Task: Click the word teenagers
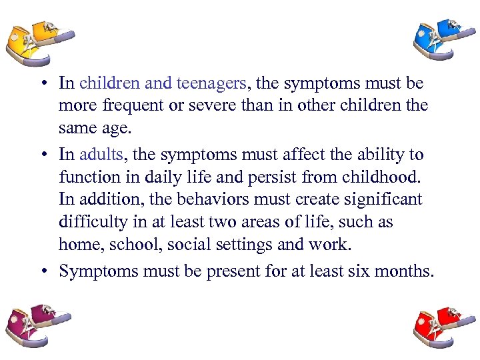click(x=211, y=83)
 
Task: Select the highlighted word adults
click(x=101, y=155)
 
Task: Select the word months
click(x=399, y=271)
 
